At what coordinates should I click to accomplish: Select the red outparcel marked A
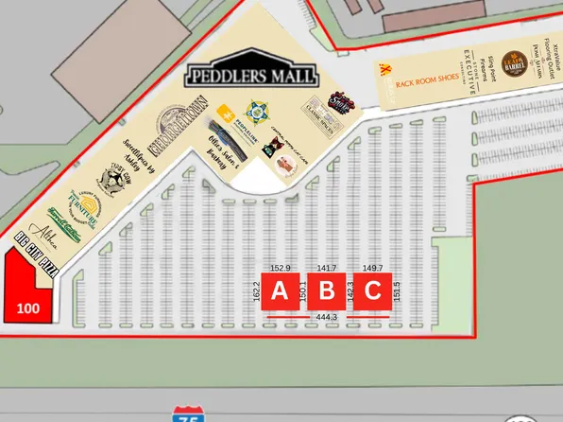point(280,291)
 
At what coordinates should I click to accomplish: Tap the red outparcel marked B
point(327,291)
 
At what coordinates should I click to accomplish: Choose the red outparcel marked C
point(373,291)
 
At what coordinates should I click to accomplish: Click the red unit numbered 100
point(28,307)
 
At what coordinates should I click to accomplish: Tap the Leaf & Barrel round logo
point(513,63)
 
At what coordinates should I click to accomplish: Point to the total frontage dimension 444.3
point(327,316)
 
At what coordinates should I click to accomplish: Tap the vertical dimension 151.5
point(397,291)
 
